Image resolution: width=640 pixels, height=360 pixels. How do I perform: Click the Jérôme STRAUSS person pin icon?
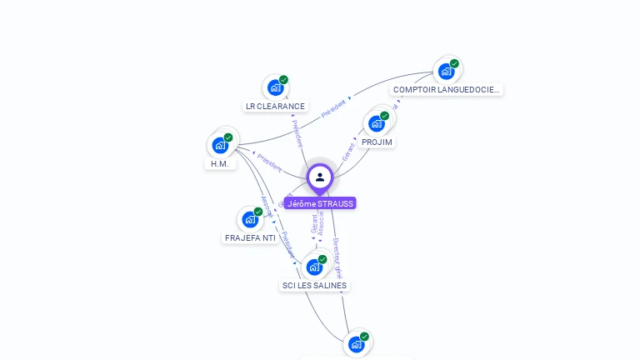(320, 177)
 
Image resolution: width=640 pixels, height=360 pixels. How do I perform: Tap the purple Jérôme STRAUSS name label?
(320, 203)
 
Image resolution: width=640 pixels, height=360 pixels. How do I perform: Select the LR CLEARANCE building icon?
(274, 87)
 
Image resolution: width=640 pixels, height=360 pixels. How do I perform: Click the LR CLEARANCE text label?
(275, 107)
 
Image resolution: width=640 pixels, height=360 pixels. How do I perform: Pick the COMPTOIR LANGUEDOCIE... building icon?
(446, 71)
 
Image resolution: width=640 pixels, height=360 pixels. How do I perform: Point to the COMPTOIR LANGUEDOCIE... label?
(447, 89)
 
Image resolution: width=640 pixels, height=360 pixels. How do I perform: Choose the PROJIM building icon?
(376, 123)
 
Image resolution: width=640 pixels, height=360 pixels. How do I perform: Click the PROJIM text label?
(377, 142)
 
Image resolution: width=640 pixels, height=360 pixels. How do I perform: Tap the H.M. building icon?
(220, 145)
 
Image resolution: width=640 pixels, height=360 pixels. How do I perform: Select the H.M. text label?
(220, 164)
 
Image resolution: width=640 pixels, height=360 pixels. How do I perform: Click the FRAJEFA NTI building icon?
(249, 219)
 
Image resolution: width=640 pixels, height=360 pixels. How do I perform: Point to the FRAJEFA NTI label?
(250, 238)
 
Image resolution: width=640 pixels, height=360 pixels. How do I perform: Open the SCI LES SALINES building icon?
(313, 267)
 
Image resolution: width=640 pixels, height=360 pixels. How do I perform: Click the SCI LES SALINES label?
(314, 286)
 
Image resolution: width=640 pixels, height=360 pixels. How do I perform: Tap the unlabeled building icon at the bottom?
(356, 344)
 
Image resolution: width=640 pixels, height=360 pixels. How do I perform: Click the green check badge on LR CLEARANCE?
(283, 80)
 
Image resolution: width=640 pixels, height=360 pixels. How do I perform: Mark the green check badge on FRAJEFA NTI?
(258, 212)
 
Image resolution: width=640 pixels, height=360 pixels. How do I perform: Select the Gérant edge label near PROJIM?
(348, 151)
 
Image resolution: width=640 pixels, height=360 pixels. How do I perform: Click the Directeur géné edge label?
(337, 257)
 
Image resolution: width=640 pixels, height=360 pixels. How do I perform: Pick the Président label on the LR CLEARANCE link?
(297, 133)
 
